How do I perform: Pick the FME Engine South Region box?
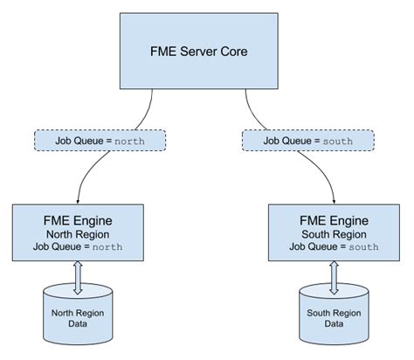335,232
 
